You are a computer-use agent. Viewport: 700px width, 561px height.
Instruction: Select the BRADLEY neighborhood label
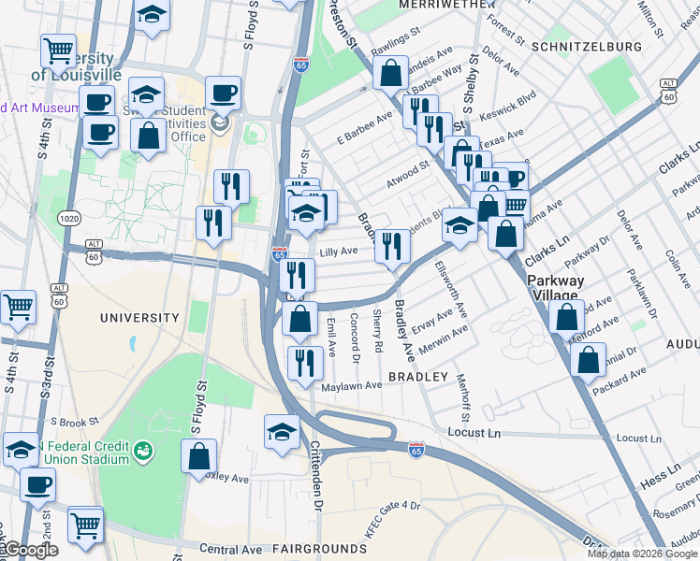[418, 376]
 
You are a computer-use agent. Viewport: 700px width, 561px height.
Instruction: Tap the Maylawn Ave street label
[352, 385]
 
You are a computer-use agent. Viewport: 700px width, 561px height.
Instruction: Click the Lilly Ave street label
[339, 252]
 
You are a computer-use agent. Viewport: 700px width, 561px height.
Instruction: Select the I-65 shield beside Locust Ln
[416, 451]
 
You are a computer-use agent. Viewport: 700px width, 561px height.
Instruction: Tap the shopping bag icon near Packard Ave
[587, 360]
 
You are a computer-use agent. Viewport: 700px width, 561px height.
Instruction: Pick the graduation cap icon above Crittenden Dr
[282, 431]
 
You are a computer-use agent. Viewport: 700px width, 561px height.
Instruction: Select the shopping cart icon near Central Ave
[85, 525]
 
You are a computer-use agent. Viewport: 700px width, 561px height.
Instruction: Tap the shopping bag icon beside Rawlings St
[390, 71]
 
